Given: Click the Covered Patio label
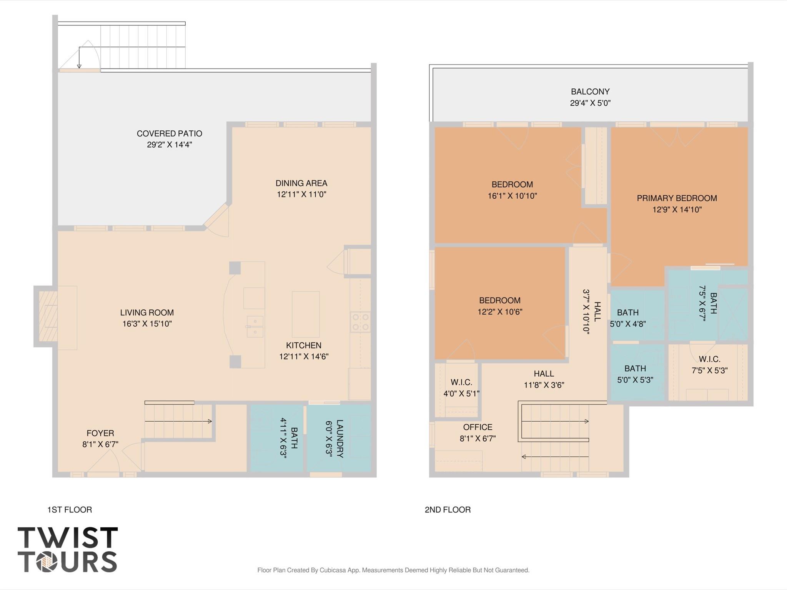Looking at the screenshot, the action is (x=170, y=134).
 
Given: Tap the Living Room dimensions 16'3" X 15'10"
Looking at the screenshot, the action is (x=147, y=324).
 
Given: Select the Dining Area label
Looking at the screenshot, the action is (x=301, y=183).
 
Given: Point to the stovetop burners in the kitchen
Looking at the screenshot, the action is (x=361, y=322).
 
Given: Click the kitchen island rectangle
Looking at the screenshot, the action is (x=306, y=314).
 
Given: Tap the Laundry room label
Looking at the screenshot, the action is (x=340, y=439).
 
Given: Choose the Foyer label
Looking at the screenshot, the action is (x=100, y=433).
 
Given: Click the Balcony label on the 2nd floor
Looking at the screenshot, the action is (x=590, y=92).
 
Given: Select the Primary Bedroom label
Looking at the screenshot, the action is (x=677, y=198).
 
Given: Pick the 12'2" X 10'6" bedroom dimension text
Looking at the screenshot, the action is (x=500, y=312).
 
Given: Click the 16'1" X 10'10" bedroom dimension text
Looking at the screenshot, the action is (x=512, y=196).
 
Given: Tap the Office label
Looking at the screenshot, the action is (x=478, y=427).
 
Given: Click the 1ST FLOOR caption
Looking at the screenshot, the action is (x=70, y=510).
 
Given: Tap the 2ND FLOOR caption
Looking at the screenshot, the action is (x=448, y=510).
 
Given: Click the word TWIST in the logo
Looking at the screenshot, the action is (x=68, y=538).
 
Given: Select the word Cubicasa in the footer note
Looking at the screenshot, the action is (x=333, y=570).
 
